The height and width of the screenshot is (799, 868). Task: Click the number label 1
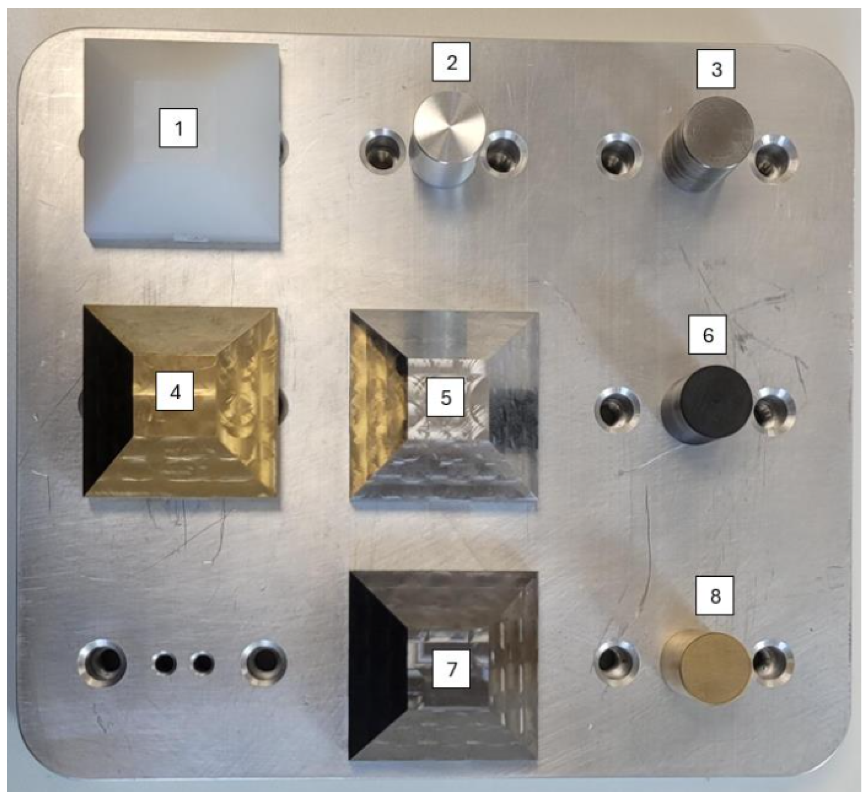[179, 127]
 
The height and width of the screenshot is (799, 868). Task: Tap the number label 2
[451, 62]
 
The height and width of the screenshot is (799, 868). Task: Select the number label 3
[716, 69]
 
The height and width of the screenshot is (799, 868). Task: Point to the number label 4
[175, 391]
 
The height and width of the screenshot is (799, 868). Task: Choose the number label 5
[445, 397]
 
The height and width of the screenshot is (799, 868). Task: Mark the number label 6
[708, 335]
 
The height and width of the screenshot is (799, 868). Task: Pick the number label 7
[452, 669]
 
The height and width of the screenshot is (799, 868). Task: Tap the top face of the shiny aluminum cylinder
[449, 126]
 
